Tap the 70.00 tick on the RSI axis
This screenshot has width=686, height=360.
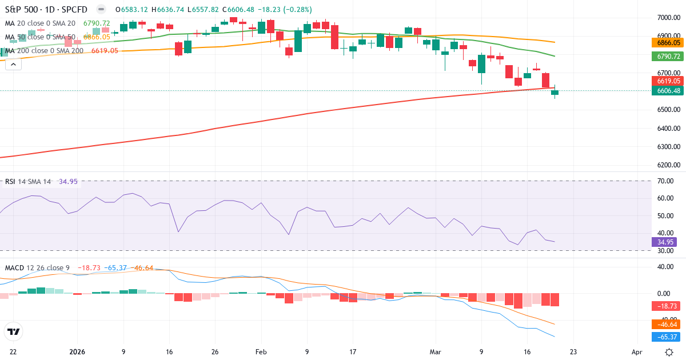665,181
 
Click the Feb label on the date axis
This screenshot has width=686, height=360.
261,352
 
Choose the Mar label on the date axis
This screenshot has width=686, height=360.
435,352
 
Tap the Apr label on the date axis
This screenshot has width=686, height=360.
637,352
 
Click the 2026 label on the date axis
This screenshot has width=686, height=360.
77,352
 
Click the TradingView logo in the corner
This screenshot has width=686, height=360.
13,331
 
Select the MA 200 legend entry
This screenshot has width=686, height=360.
45,50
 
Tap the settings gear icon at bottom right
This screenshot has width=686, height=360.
669,352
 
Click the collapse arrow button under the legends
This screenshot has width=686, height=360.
13,64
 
